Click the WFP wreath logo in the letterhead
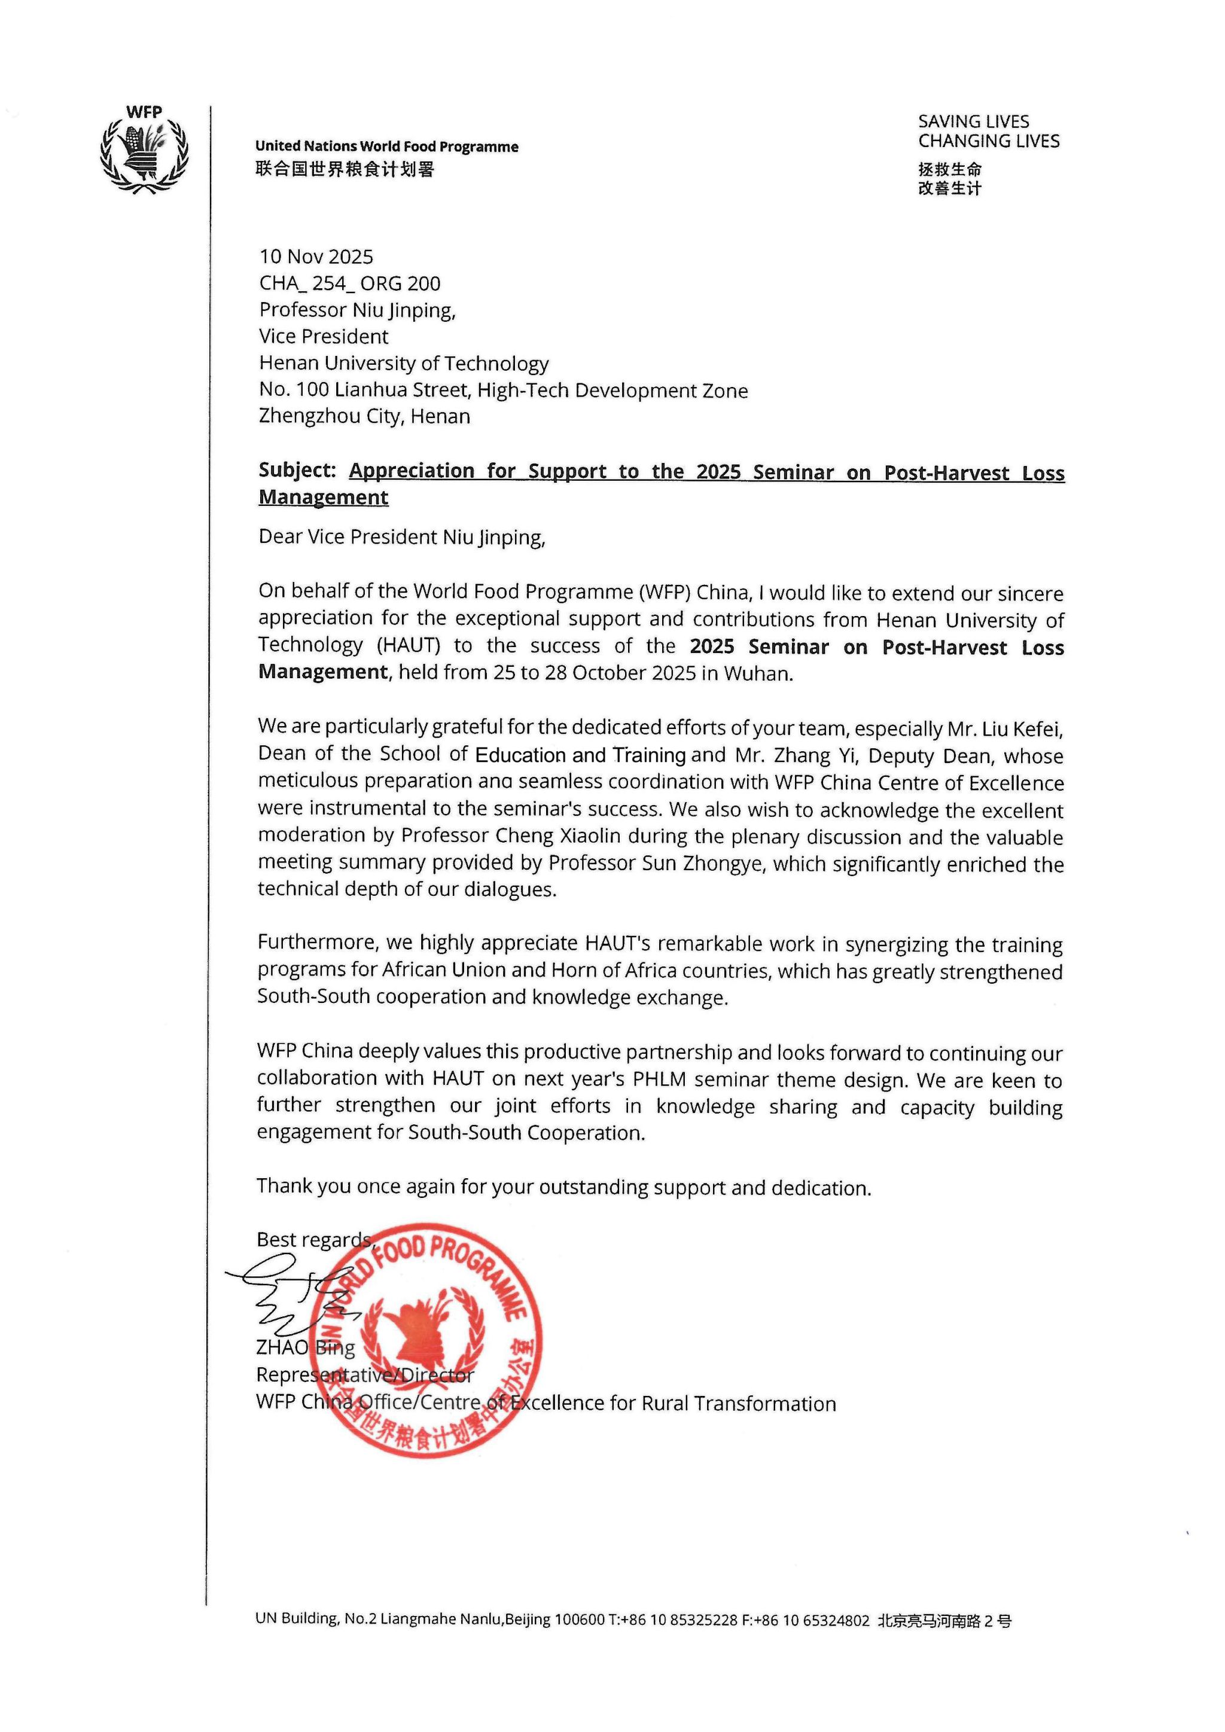point(144,151)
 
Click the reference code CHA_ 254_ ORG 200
point(350,283)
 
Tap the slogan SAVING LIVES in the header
point(973,121)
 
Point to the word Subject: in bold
point(297,470)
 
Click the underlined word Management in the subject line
point(324,497)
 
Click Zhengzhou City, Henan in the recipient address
point(364,416)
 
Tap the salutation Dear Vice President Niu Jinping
point(401,537)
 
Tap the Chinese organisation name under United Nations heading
point(345,170)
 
